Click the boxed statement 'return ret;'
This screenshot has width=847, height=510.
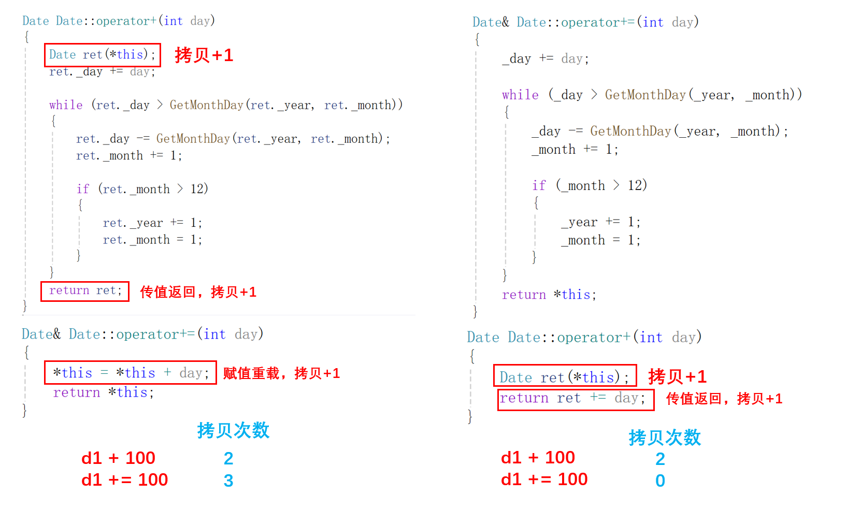(85, 291)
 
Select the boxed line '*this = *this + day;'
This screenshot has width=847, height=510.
(131, 373)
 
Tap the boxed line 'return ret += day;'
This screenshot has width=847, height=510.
(575, 399)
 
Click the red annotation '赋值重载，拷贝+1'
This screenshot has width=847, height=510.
(281, 373)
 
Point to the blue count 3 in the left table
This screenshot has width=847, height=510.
(228, 480)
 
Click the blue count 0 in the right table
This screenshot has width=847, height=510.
(660, 480)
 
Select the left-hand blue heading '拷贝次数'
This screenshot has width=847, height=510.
(233, 430)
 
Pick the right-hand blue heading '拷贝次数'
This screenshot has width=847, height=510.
(665, 438)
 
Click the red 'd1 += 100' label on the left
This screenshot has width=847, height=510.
(124, 480)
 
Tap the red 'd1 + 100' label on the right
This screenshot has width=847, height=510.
(538, 458)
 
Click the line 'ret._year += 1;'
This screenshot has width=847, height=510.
(152, 223)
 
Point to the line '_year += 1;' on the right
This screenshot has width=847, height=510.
(601, 222)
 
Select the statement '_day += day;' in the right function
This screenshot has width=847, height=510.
(545, 59)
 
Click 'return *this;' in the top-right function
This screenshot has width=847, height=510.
(549, 295)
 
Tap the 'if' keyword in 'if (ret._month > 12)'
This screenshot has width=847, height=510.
(83, 189)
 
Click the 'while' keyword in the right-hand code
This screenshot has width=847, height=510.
(520, 95)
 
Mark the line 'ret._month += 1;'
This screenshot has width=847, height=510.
(129, 156)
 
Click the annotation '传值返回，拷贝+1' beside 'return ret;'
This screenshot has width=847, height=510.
(198, 292)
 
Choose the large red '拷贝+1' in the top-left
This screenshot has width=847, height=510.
(204, 55)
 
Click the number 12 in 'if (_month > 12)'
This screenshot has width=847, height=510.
(637, 185)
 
